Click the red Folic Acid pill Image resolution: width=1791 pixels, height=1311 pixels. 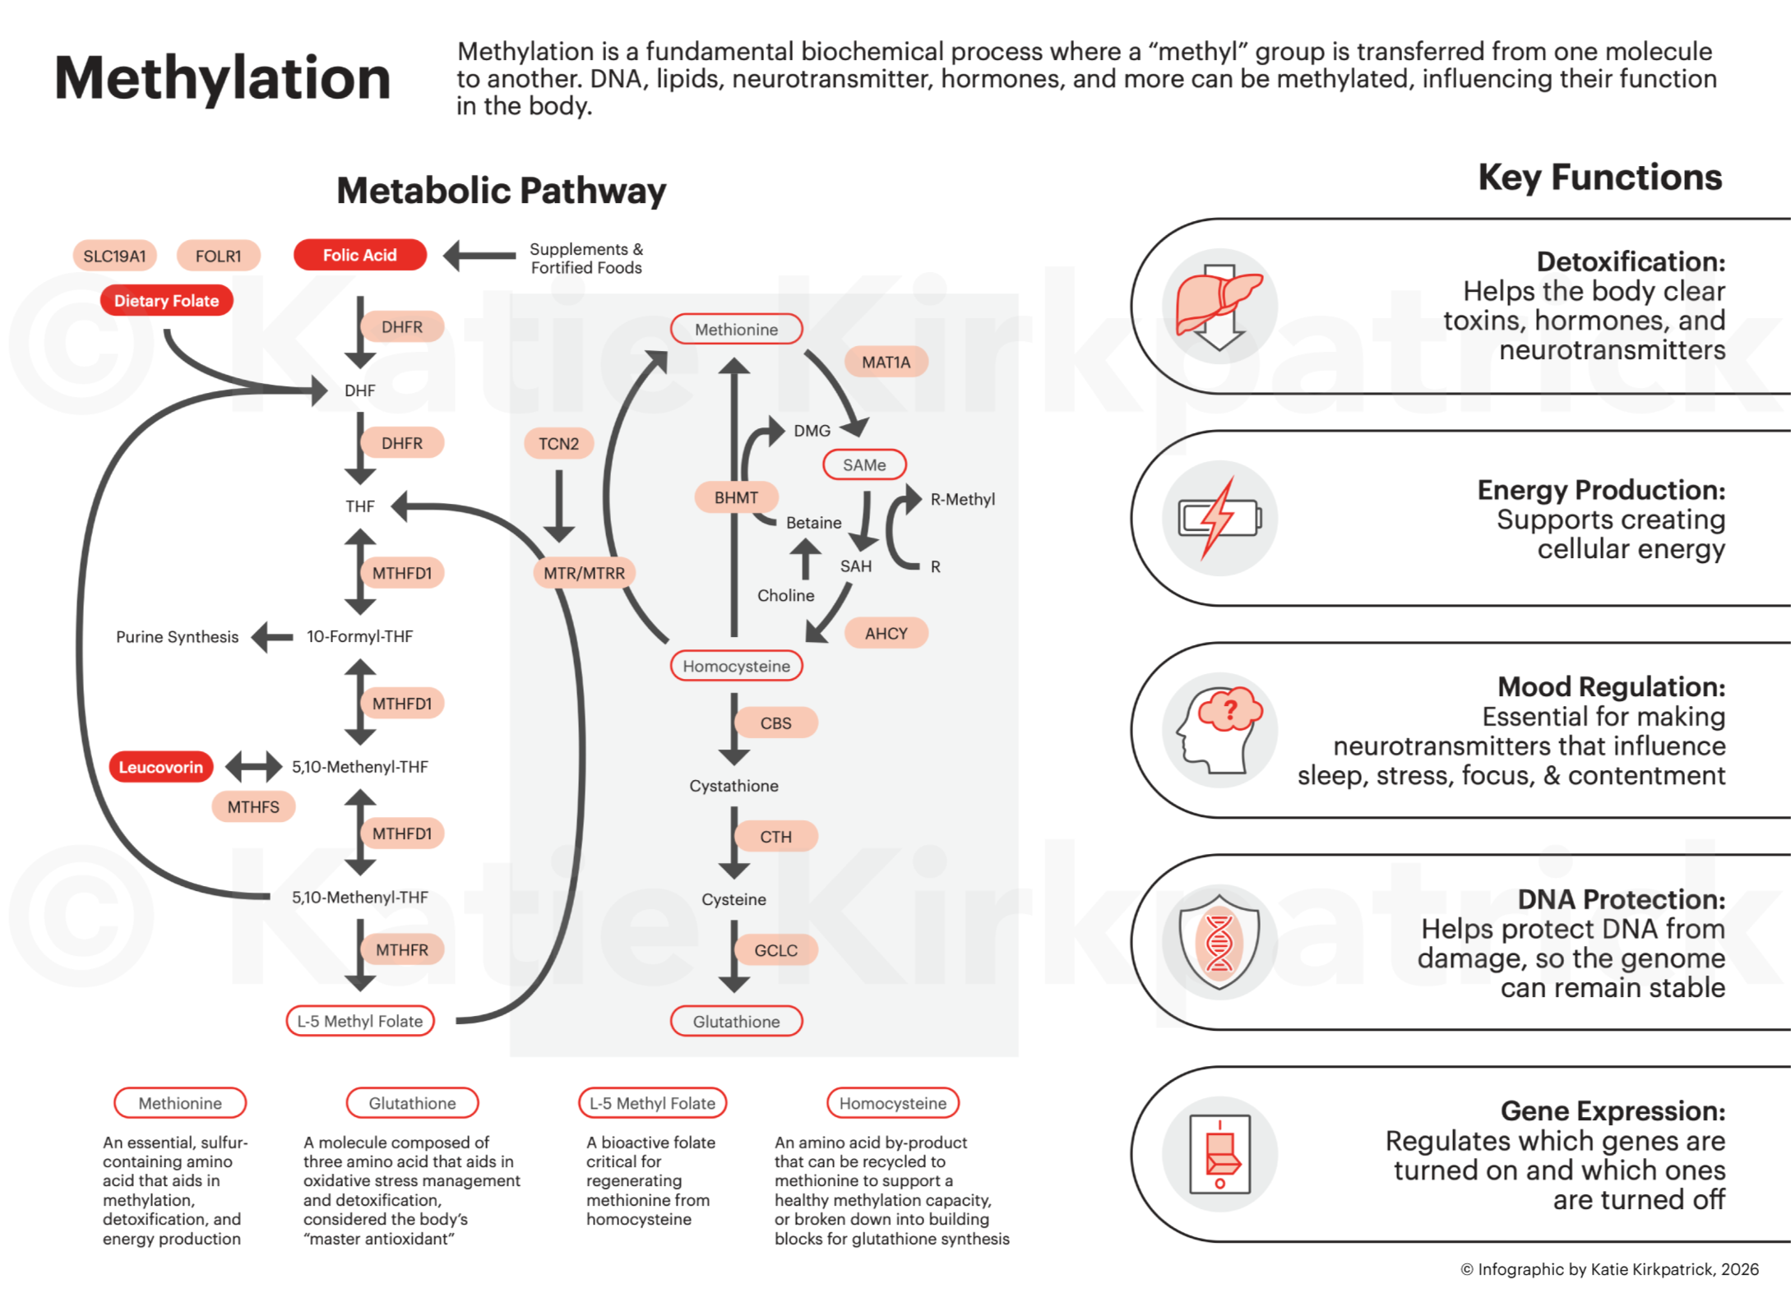point(359,255)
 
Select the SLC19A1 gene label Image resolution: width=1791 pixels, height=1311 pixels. point(114,256)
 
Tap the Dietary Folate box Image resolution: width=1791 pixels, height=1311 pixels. point(166,301)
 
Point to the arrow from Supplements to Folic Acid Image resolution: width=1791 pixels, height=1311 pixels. point(479,256)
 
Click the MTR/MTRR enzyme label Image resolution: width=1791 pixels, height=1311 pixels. point(584,573)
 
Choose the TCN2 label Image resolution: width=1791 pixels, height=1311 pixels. point(558,444)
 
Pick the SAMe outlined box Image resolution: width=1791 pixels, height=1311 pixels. point(864,465)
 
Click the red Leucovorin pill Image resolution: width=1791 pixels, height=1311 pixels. point(161,767)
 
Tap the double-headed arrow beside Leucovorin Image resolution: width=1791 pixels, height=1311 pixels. point(253,767)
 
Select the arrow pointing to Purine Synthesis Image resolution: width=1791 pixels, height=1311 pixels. point(272,637)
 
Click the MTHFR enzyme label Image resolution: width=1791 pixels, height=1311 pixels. point(401,950)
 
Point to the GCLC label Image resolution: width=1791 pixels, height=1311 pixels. point(775,950)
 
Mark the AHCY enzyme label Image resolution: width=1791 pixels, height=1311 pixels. point(886,634)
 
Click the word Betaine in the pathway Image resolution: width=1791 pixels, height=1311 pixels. point(813,523)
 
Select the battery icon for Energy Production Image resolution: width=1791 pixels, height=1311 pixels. point(1219,519)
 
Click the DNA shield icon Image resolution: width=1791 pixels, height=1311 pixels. point(1219,941)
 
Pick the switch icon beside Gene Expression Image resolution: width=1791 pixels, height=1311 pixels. point(1219,1153)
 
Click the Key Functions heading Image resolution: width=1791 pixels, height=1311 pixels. point(1599,178)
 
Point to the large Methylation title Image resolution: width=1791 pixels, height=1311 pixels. point(222,79)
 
